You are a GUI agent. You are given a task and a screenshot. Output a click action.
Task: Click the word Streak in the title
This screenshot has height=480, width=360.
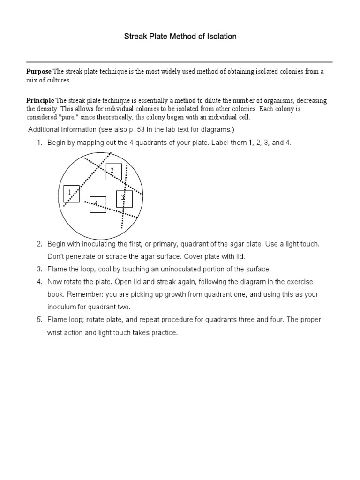tap(135, 37)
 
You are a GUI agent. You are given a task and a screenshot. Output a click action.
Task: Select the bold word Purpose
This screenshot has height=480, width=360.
tap(38, 72)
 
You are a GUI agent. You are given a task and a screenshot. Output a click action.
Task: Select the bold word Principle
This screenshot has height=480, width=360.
tap(40, 101)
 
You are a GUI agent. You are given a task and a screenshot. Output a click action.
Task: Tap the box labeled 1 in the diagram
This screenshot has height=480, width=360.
tap(71, 193)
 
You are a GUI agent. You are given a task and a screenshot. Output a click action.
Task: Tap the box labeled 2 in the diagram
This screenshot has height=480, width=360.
tap(113, 172)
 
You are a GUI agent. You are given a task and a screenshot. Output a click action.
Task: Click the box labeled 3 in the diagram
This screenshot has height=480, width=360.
tap(124, 199)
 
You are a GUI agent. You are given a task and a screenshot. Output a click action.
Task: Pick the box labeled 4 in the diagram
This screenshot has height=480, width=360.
tap(98, 204)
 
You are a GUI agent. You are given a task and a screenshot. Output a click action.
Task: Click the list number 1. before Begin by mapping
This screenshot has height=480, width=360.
tap(40, 142)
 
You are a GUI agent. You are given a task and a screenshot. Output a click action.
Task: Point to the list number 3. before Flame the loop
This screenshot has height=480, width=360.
tap(40, 270)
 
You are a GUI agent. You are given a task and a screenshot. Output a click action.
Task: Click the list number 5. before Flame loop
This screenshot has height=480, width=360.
tap(40, 320)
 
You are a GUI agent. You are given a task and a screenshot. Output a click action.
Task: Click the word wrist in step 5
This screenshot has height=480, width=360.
tap(55, 333)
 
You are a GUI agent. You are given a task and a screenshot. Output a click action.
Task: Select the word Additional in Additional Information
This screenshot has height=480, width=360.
tap(44, 129)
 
